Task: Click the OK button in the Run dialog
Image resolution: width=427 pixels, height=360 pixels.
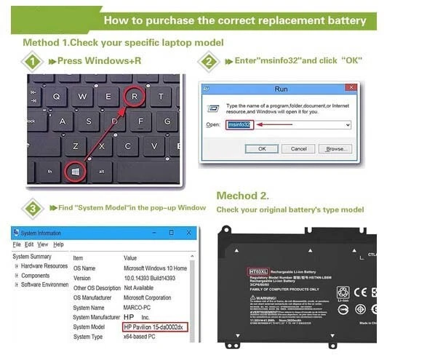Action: coord(261,148)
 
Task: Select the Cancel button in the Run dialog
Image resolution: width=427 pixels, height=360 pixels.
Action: coord(298,148)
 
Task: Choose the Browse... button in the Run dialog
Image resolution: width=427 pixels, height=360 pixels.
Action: coord(335,148)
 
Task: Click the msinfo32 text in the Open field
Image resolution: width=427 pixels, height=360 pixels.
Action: coord(239,124)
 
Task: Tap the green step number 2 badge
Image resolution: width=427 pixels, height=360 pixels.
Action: coord(208,61)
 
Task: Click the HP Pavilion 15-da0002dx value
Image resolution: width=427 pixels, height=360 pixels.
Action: coord(155,327)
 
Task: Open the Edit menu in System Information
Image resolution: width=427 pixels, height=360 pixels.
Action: coord(30,244)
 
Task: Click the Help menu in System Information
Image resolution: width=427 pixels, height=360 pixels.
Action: coord(58,244)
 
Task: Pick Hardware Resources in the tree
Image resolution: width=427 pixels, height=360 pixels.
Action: coord(44,266)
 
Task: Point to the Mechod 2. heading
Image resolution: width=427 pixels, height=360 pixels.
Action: coord(243,196)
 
